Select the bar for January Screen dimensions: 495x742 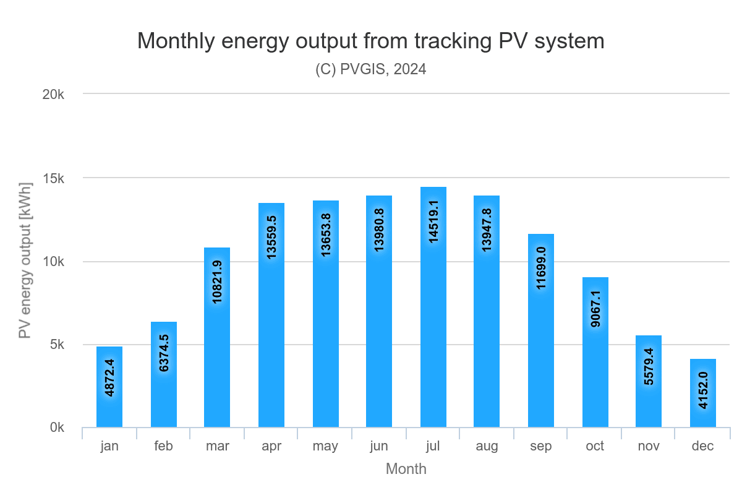coord(109,387)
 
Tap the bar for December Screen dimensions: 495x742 coord(703,393)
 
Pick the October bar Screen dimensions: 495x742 coord(595,352)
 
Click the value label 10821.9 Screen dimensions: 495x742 coord(217,282)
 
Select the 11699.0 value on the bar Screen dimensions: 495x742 coord(541,268)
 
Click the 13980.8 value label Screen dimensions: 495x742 coord(379,230)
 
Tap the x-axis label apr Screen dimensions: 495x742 coord(271,446)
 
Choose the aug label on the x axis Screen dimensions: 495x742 coord(487,446)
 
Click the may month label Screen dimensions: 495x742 coord(325,446)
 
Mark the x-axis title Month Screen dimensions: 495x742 coord(406,469)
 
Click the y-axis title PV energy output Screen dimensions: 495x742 coord(25,260)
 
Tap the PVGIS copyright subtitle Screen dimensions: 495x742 coord(371,69)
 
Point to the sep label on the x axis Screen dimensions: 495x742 coord(541,446)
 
